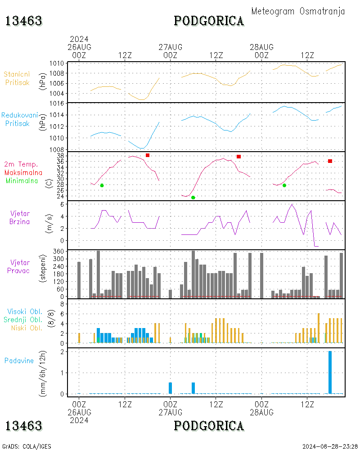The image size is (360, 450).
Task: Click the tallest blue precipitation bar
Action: [x=330, y=372]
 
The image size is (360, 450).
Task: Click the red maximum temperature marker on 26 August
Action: [x=148, y=155]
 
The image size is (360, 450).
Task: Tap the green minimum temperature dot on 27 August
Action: [x=193, y=198]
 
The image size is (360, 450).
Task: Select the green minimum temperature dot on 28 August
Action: [x=284, y=185]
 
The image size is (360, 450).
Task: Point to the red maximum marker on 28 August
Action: [x=330, y=161]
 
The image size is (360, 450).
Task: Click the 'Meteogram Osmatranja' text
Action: [x=298, y=11]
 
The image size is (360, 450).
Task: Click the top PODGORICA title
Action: [x=209, y=21]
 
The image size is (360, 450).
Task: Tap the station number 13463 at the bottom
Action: [x=24, y=426]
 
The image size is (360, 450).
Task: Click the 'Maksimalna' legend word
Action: [x=23, y=172]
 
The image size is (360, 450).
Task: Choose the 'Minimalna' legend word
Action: [x=22, y=181]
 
